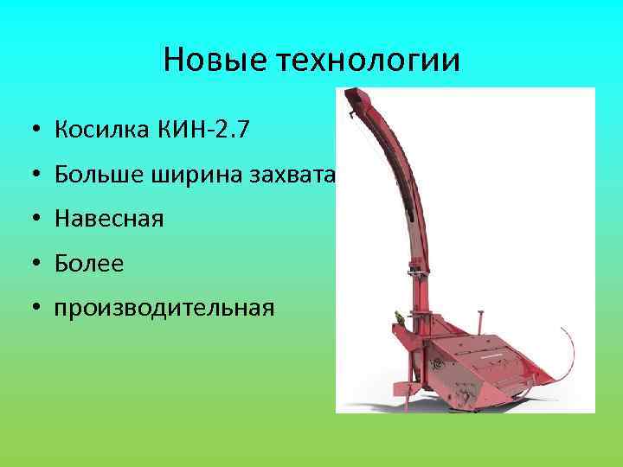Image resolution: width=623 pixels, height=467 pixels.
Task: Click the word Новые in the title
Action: [215, 61]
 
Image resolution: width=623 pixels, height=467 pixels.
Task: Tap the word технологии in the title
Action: [369, 61]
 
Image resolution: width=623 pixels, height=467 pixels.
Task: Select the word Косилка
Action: [101, 131]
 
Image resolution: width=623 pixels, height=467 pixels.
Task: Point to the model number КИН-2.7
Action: [207, 131]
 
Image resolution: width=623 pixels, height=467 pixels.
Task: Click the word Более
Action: [89, 263]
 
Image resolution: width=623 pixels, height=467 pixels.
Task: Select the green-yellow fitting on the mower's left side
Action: [397, 318]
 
